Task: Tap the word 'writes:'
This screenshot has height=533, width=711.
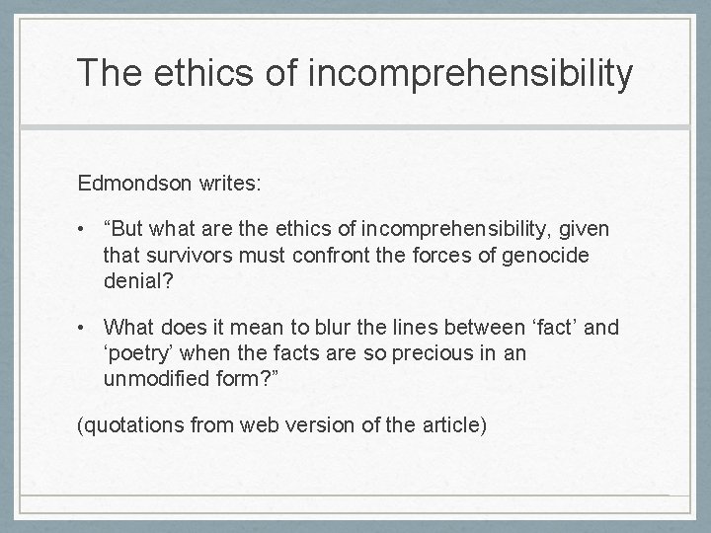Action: click(226, 183)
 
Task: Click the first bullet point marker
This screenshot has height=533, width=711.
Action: click(86, 229)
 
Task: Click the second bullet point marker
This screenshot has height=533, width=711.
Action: click(86, 327)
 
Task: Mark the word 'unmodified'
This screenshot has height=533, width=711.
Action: click(154, 377)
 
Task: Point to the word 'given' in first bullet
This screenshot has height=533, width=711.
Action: click(584, 229)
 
